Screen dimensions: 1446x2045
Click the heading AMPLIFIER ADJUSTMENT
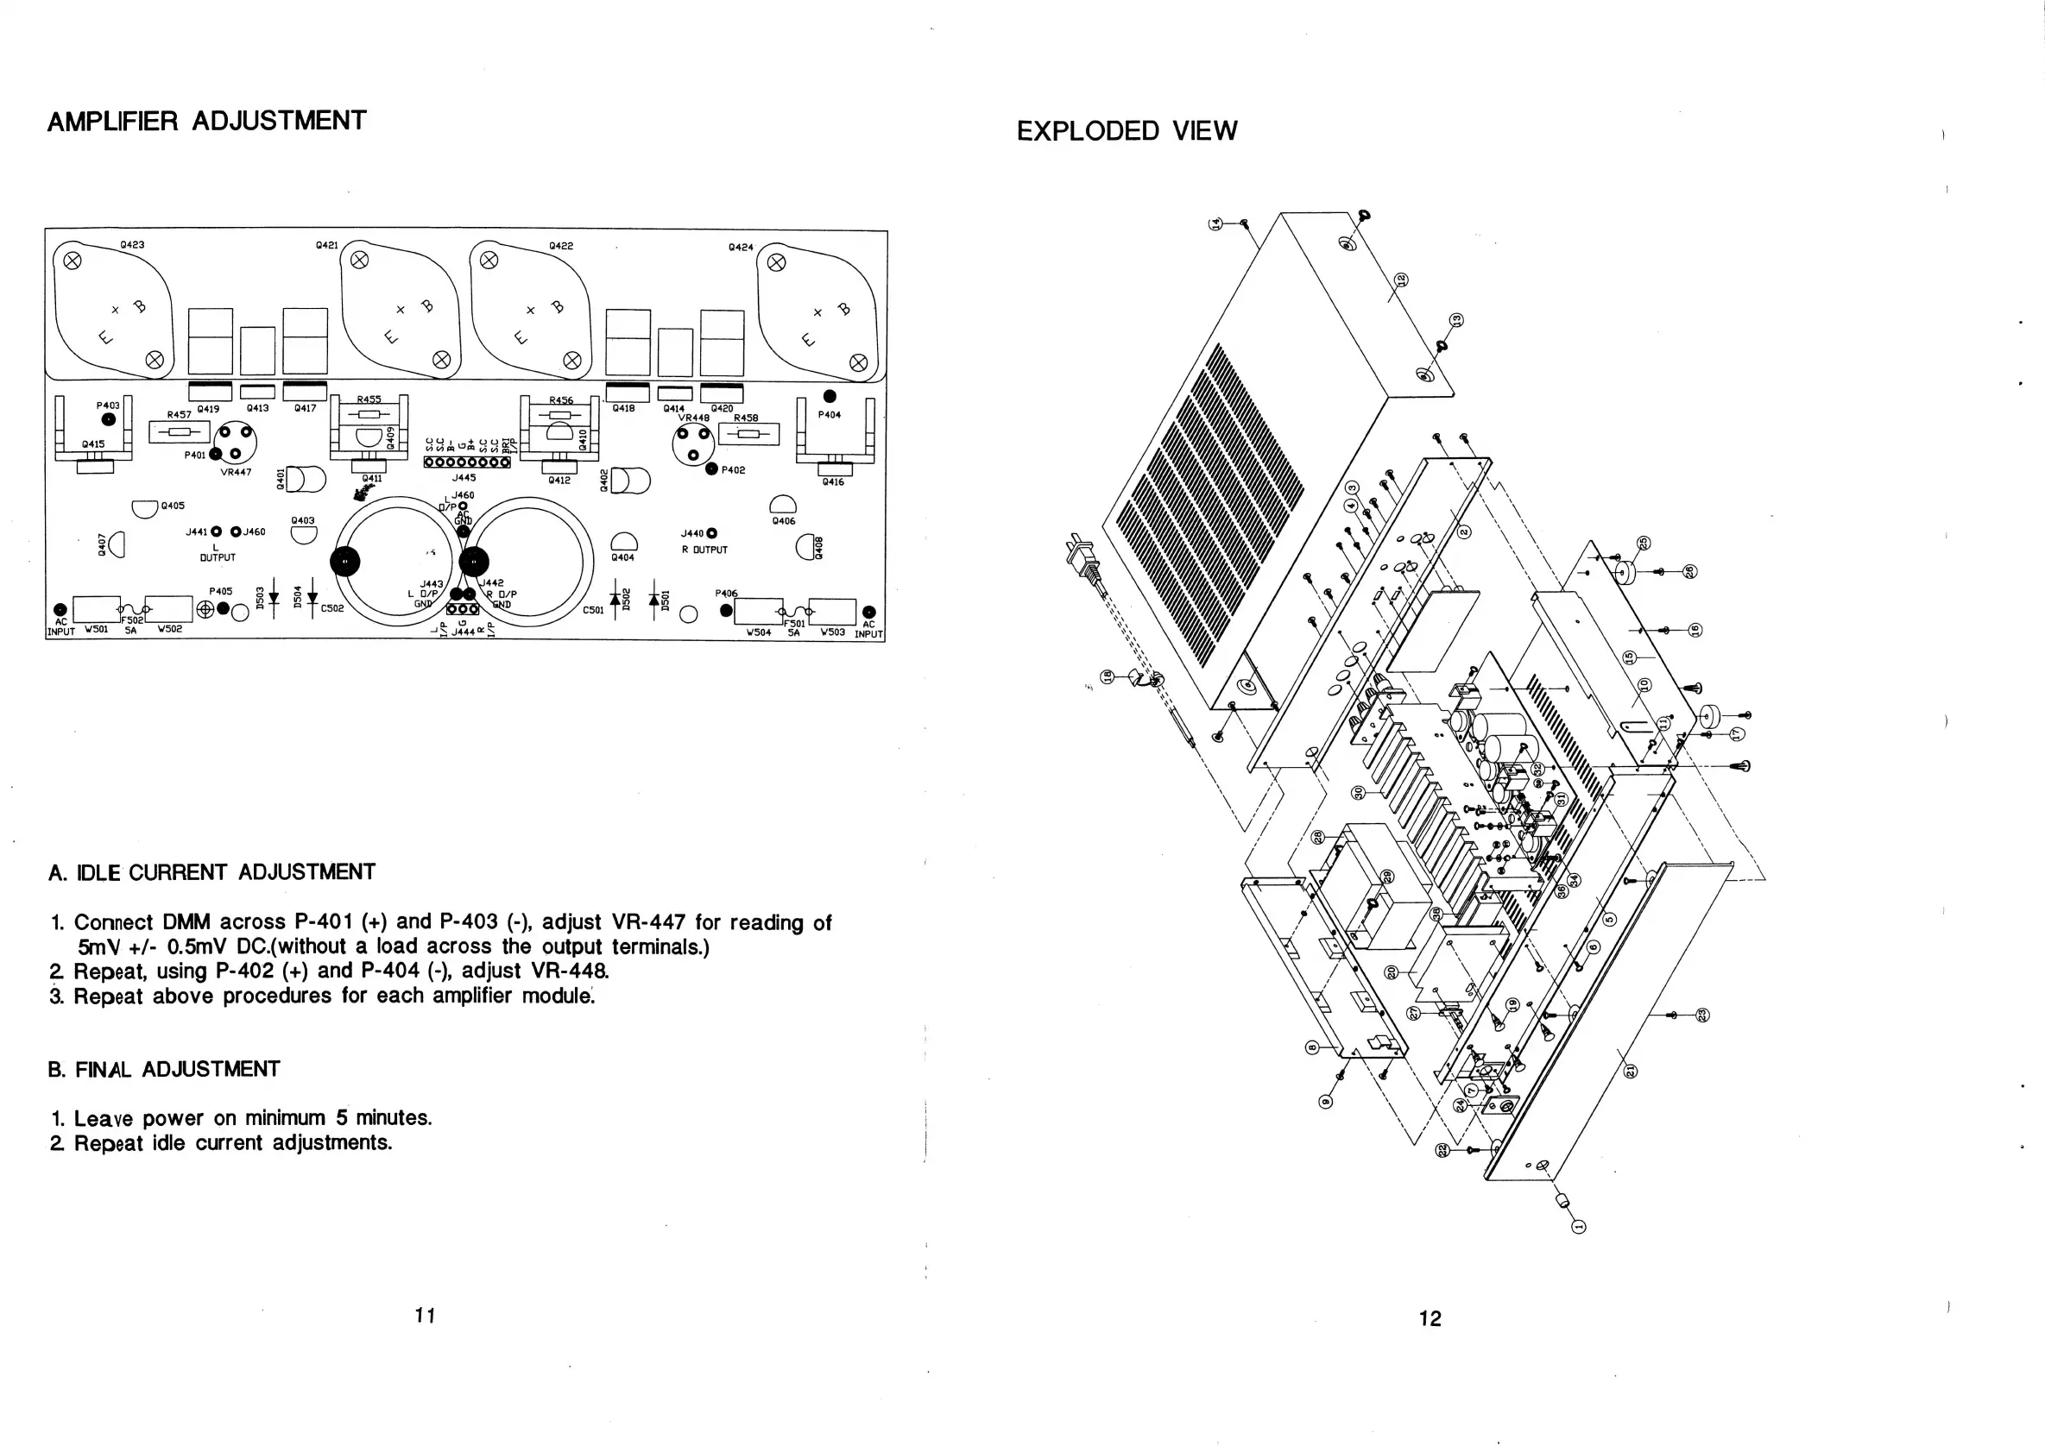(x=205, y=121)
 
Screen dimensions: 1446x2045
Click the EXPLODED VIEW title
(x=1126, y=131)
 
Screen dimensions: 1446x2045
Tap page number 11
(x=425, y=1315)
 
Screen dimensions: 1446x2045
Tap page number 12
(x=1430, y=1318)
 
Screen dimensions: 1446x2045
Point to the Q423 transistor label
(x=132, y=245)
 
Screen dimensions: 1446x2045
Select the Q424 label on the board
(x=740, y=248)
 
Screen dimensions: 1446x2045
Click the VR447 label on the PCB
(x=236, y=473)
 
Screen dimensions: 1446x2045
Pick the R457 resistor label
(x=179, y=415)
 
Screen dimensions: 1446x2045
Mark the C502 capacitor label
(x=332, y=609)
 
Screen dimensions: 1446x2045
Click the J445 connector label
(x=464, y=478)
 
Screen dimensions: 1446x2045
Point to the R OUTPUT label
(x=704, y=550)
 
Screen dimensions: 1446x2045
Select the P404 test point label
(x=830, y=415)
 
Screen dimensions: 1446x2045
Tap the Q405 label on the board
(x=173, y=506)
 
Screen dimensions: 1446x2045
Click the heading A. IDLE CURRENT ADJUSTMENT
(x=212, y=872)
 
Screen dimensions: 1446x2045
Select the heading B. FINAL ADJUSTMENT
(x=164, y=1069)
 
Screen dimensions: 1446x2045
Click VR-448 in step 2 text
(x=570, y=971)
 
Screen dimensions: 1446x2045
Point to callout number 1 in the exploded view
(x=1579, y=1228)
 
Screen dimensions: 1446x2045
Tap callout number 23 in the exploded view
(x=1702, y=1015)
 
